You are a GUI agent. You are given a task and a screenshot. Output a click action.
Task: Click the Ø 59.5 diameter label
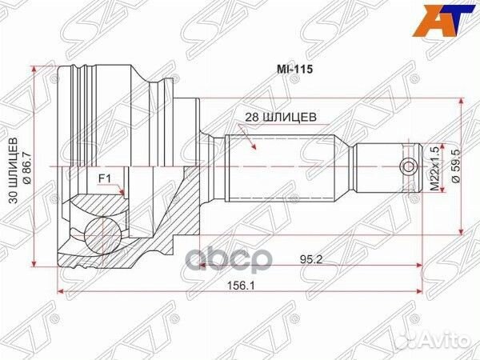(456, 166)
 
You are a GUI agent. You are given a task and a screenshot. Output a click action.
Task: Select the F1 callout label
(105, 178)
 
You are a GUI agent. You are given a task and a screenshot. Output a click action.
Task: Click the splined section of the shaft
(280, 166)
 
